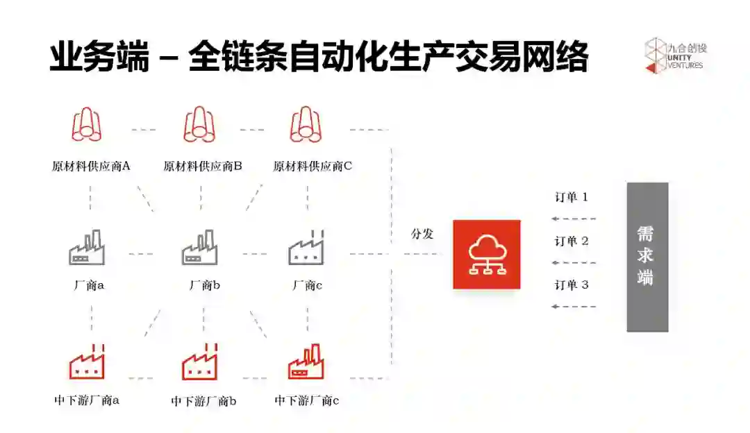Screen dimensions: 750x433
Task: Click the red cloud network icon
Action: coord(486,254)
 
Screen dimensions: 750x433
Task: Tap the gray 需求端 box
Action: coord(647,257)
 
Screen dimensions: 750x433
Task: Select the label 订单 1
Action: coord(571,197)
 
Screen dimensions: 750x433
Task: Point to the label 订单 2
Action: coord(571,241)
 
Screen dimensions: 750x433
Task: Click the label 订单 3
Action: coord(571,285)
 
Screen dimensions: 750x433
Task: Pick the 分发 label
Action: coord(422,234)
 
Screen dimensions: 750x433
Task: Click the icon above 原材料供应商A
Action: coord(87,126)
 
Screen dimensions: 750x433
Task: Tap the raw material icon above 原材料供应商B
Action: coord(199,125)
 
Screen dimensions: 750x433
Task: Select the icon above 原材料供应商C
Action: coord(306,125)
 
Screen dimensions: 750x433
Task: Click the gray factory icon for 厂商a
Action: coord(87,248)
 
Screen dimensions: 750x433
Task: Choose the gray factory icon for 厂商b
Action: coord(200,248)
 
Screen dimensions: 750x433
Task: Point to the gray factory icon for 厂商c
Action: coord(306,248)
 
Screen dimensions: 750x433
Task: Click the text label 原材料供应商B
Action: coord(203,167)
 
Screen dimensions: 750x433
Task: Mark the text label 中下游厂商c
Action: coord(306,400)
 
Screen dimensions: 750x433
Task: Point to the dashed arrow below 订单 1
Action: coord(574,219)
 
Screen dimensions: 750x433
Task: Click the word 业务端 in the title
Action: coord(99,56)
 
